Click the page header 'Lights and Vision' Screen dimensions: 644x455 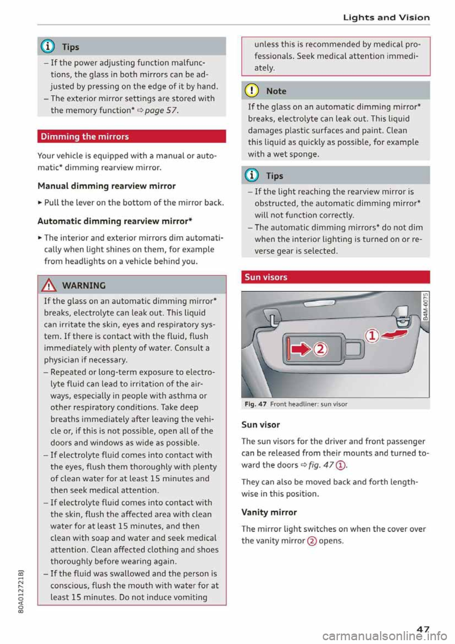386,18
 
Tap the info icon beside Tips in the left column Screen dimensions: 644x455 49,46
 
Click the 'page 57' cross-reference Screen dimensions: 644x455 161,110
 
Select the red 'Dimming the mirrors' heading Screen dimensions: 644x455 85,137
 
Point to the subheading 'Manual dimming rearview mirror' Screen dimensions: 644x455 107,186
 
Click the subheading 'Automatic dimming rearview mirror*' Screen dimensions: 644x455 115,221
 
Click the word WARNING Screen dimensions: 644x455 84,285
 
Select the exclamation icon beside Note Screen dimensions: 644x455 253,91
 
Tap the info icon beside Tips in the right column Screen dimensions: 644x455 253,175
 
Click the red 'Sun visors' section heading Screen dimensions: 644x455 266,277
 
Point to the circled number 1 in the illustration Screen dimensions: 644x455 373,336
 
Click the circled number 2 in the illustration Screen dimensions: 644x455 321,350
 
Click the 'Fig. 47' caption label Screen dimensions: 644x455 255,404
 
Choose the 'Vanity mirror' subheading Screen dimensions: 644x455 269,512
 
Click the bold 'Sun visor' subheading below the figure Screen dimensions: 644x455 261,424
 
